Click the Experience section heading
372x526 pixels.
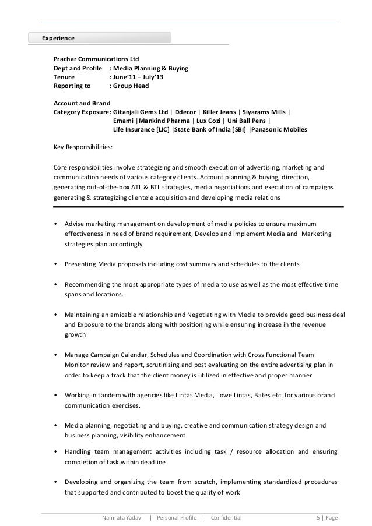click(x=58, y=38)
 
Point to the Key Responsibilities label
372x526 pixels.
click(x=83, y=147)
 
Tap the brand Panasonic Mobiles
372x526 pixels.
click(x=280, y=129)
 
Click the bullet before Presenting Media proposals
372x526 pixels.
click(x=55, y=264)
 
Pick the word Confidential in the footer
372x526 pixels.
click(x=226, y=516)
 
